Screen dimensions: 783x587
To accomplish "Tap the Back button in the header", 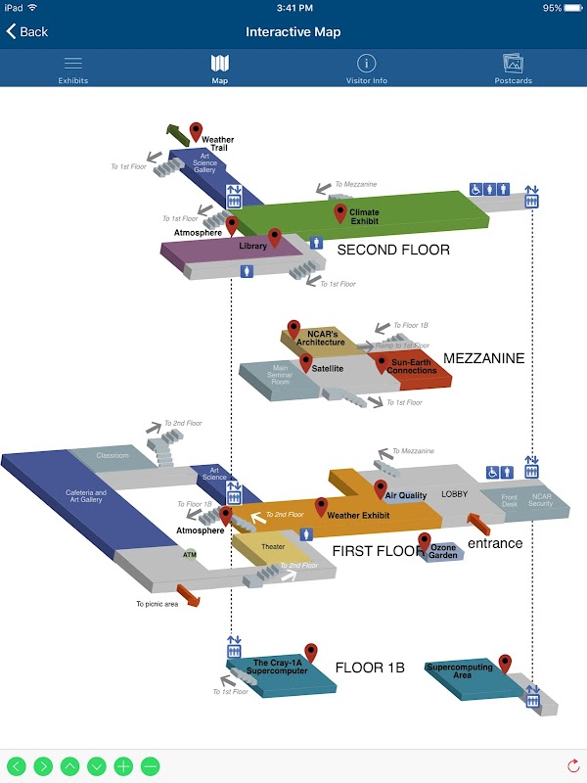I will [x=27, y=31].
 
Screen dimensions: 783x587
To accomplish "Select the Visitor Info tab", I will [x=367, y=69].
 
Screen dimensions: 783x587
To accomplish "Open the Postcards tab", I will [x=514, y=69].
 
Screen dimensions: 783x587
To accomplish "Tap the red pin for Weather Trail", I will [x=196, y=132].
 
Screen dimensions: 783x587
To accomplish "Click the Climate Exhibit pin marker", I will [x=340, y=212].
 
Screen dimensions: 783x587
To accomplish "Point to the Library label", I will [x=252, y=247].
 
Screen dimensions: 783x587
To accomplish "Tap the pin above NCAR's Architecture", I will [x=293, y=329].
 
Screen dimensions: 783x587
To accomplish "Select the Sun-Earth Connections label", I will [x=412, y=367].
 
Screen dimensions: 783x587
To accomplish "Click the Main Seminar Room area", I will [x=280, y=376].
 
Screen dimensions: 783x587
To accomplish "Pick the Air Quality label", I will [x=406, y=496].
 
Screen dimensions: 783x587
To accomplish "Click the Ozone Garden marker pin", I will [x=425, y=540].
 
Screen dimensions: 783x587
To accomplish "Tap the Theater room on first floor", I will [x=272, y=547].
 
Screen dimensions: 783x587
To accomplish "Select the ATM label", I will [x=190, y=554].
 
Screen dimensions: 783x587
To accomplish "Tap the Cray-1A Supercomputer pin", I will [x=311, y=652].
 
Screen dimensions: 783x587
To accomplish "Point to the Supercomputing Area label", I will [x=463, y=670].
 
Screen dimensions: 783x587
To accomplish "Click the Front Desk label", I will [x=509, y=499].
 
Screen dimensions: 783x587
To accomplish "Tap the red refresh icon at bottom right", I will [x=573, y=766].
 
